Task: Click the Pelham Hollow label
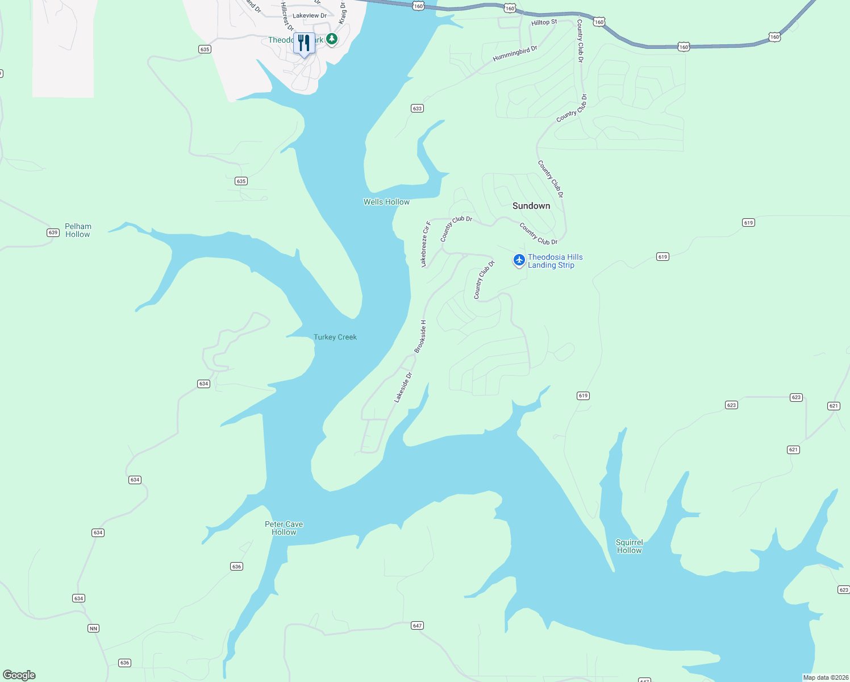pos(78,230)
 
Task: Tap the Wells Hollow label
pos(386,202)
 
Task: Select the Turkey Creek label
pos(335,337)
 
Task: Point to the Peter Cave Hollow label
pos(284,528)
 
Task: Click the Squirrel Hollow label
pos(629,546)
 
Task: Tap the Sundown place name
pos(531,206)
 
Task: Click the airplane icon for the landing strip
pos(519,260)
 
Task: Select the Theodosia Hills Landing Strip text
pos(555,261)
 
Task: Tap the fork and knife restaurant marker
pos(304,43)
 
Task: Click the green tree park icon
pos(332,39)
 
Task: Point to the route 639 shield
pos(53,232)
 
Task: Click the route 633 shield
pos(417,108)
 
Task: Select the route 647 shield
pos(418,625)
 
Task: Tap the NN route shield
pos(93,628)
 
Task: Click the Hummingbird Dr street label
pos(515,54)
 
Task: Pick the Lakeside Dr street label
pos(403,388)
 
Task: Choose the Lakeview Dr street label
pos(310,16)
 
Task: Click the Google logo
pos(19,675)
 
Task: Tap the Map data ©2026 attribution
pos(826,677)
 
